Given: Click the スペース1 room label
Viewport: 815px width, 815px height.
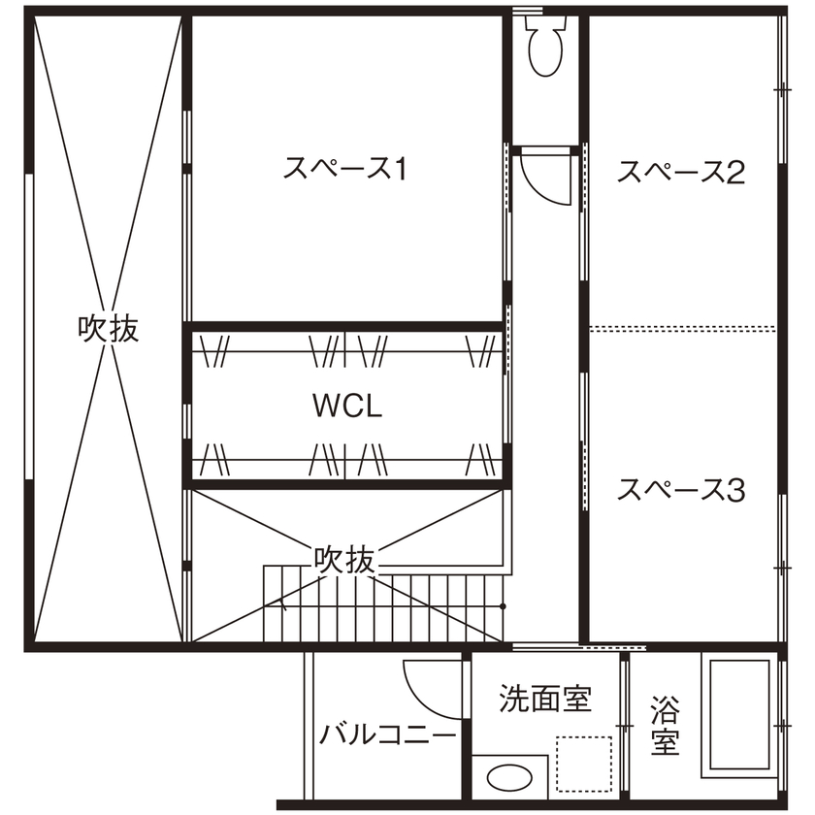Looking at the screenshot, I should point(344,170).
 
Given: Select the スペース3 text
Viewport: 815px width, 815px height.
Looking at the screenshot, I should point(681,490).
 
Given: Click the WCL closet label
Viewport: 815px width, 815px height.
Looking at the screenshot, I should point(347,407).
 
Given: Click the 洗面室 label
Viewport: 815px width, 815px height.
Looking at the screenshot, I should point(545,698).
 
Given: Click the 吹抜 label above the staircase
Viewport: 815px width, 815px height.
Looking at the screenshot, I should point(343,559).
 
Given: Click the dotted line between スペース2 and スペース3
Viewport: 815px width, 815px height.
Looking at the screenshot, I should point(683,327).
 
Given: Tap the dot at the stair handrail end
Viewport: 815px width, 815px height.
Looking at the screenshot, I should point(504,606).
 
